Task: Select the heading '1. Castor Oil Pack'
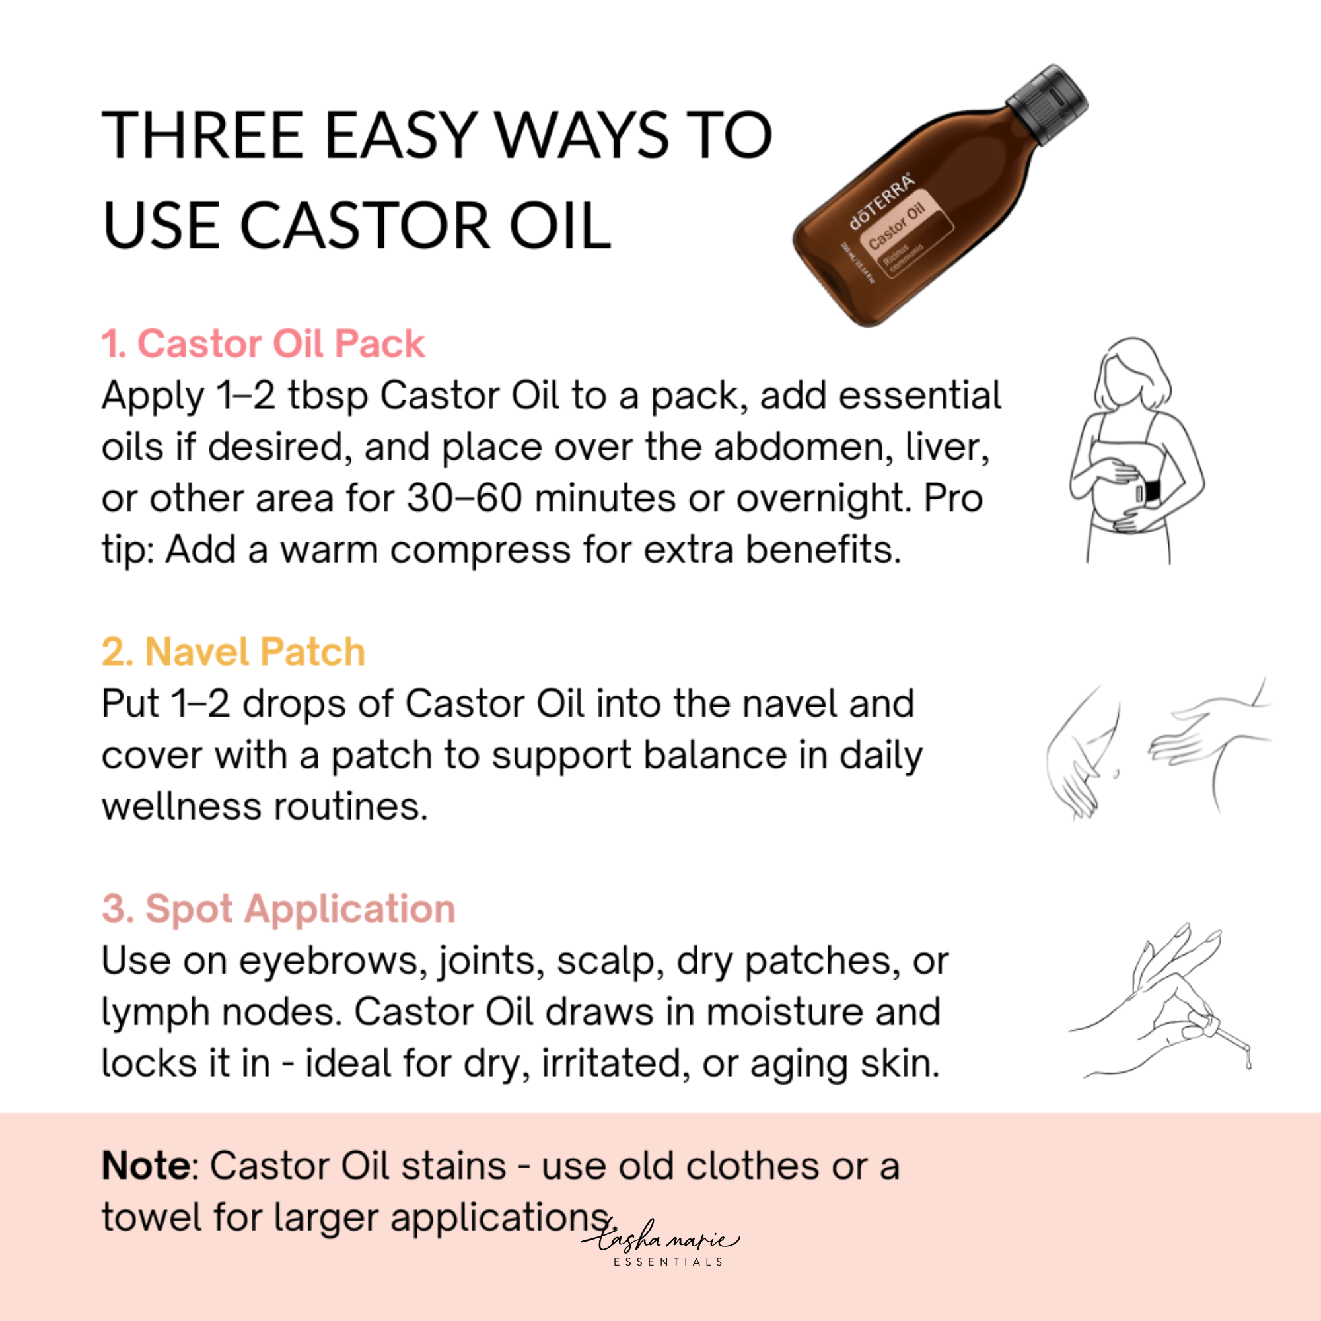pyautogui.click(x=264, y=343)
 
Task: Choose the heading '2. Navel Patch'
pyautogui.click(x=233, y=651)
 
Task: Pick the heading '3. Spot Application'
pyautogui.click(x=278, y=909)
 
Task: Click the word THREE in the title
pyautogui.click(x=202, y=135)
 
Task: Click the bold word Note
pyautogui.click(x=147, y=1166)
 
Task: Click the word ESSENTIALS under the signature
pyautogui.click(x=668, y=1262)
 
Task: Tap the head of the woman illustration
pyautogui.click(x=1131, y=373)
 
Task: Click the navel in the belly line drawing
pyautogui.click(x=1115, y=775)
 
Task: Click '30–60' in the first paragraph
pyautogui.click(x=465, y=498)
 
